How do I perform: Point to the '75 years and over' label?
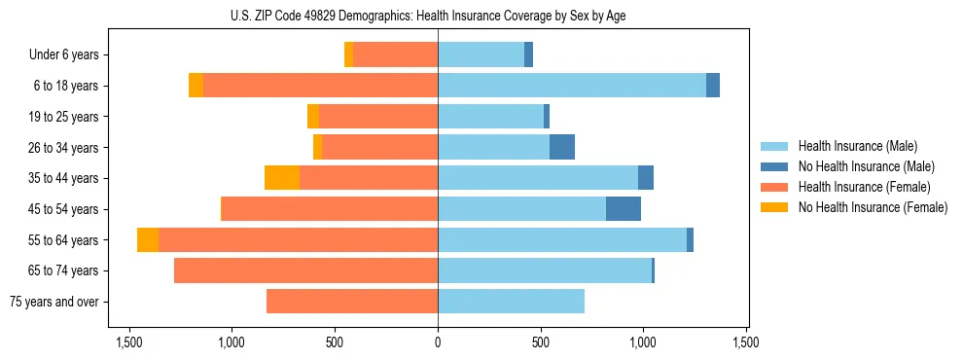click(x=53, y=302)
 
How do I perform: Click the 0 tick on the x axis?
click(x=438, y=342)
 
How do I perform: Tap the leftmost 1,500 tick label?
click(x=129, y=342)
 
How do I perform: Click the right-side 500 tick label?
click(x=541, y=342)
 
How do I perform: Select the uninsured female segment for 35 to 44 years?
click(x=282, y=178)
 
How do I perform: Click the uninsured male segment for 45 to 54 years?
click(x=624, y=209)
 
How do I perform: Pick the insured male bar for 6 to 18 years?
click(x=572, y=86)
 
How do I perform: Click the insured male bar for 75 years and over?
click(x=511, y=302)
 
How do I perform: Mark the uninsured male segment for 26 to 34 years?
click(x=562, y=147)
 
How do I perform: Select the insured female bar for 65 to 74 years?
click(x=305, y=270)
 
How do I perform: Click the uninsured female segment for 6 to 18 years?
click(x=196, y=86)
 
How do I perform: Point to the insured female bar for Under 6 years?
click(x=395, y=55)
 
